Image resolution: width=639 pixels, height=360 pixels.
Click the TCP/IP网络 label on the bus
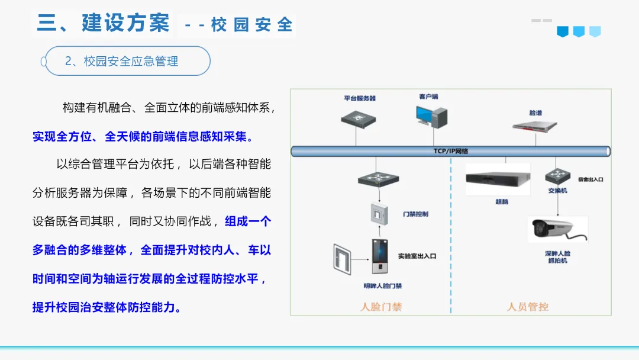[451, 152]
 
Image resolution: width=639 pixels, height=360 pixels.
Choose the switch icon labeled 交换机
[556, 176]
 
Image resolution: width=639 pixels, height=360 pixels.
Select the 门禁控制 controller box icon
[378, 213]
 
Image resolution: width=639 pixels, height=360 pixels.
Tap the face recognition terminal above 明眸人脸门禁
[381, 258]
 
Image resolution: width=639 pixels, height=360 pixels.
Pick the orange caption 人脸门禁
[381, 307]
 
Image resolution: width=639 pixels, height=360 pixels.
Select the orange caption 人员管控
[528, 307]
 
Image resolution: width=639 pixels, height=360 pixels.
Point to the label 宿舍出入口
[590, 178]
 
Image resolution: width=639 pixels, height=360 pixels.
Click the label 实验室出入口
[417, 256]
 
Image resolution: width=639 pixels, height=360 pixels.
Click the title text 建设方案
[126, 24]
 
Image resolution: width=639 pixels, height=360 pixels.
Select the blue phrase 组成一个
[248, 221]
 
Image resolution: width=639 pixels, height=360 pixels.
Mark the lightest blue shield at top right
[595, 31]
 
